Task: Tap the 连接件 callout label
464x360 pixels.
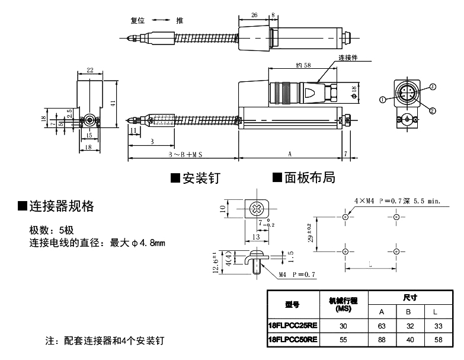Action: click(x=349, y=58)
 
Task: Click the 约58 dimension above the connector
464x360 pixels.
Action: click(x=303, y=66)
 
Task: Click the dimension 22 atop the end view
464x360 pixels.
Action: click(x=89, y=70)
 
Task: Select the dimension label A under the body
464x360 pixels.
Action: click(x=290, y=153)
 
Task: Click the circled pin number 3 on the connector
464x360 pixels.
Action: click(x=433, y=87)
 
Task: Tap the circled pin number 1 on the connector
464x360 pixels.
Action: click(x=383, y=100)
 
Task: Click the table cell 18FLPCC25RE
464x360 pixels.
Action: click(x=292, y=325)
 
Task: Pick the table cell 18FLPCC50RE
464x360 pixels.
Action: click(x=292, y=339)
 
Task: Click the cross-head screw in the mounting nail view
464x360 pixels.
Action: click(x=257, y=209)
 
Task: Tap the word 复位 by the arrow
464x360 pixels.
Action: click(x=137, y=20)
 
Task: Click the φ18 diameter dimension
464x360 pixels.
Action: click(x=354, y=91)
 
